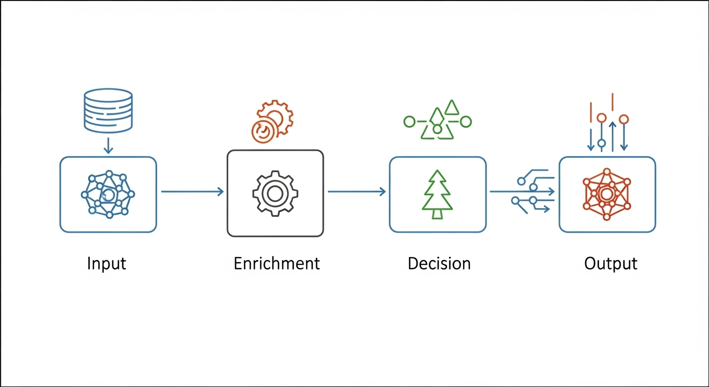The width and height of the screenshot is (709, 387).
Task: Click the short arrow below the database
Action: point(108,146)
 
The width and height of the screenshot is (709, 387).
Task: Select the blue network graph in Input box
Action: point(108,195)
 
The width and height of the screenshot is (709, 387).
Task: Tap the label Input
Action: point(106,264)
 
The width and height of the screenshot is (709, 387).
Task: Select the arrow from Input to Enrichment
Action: point(192,191)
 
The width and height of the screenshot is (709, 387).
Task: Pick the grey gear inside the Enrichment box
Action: point(275,193)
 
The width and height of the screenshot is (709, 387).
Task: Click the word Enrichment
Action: point(276,264)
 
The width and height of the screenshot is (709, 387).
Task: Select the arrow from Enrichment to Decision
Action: point(357,191)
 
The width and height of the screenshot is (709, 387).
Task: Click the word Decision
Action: point(439,264)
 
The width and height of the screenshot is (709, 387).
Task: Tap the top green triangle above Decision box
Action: point(452,107)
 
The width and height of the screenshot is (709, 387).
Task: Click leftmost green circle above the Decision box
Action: point(409,121)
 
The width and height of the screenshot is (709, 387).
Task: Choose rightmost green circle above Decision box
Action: point(466,121)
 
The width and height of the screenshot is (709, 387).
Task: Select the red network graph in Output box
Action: point(607,195)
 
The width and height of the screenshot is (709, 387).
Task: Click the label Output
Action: point(611,264)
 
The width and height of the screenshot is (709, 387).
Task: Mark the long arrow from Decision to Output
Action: point(522,191)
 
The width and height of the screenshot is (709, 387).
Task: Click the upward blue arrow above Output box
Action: point(612,136)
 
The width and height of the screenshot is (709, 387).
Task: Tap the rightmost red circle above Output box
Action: point(624,119)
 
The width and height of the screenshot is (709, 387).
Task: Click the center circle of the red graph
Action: point(607,194)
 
